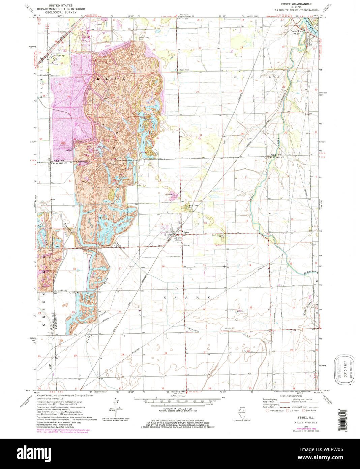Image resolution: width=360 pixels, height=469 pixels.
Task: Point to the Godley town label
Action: coord(61,55)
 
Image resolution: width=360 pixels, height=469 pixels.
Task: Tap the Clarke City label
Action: coord(62,291)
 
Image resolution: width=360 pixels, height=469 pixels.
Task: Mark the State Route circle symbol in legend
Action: coord(303,411)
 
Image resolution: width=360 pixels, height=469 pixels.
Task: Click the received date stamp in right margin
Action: coord(344,369)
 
